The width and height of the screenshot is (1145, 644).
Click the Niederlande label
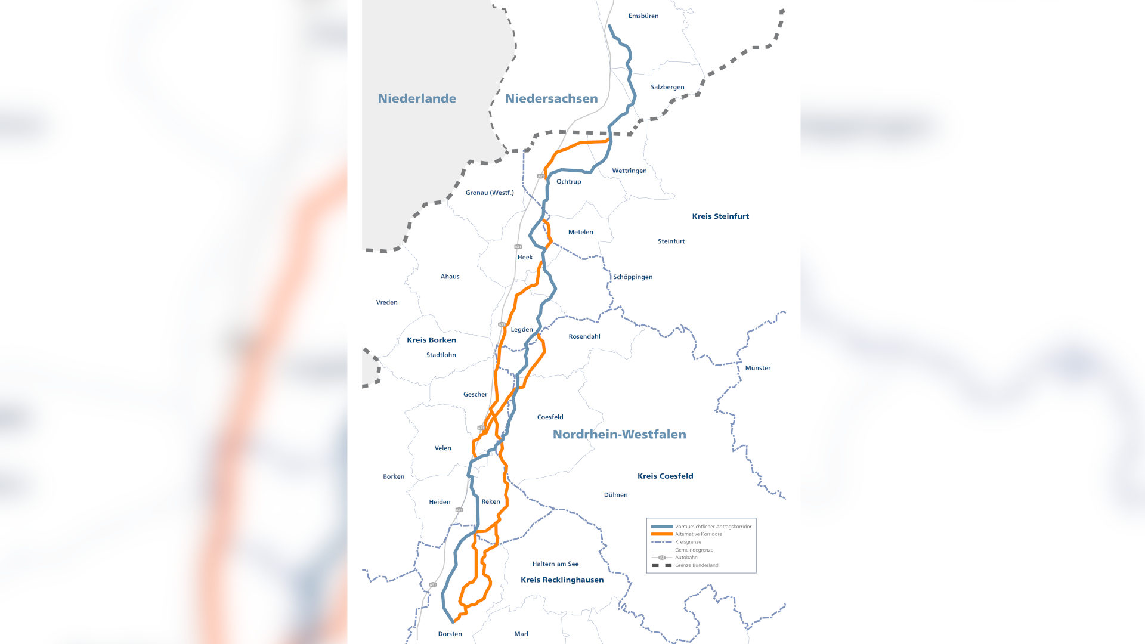pos(417,98)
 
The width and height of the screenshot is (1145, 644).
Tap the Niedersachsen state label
pos(551,98)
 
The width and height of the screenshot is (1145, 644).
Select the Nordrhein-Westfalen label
pos(619,434)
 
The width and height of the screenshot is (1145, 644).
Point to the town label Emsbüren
pos(643,16)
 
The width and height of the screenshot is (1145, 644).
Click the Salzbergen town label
pos(667,87)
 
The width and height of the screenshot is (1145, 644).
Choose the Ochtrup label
pos(568,182)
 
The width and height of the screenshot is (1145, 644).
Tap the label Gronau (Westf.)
pos(489,193)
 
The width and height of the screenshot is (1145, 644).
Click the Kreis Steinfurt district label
pos(720,216)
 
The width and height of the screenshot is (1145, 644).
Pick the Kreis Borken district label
pos(431,340)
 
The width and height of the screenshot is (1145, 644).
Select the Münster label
pos(757,368)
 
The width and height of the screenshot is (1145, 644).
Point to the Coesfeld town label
pos(550,417)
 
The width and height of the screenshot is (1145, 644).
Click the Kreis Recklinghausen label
pos(562,580)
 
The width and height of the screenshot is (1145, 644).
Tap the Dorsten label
pos(450,634)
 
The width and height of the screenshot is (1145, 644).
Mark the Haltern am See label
pos(555,564)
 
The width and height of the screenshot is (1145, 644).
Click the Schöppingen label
pos(632,277)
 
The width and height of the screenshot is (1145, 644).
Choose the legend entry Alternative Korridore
pos(698,534)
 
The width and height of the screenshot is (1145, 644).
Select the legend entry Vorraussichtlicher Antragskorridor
pos(713,527)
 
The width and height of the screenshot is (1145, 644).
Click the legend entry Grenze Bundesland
pos(696,565)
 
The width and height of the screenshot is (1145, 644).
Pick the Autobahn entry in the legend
pos(686,558)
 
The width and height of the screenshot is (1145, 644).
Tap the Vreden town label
pos(386,302)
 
